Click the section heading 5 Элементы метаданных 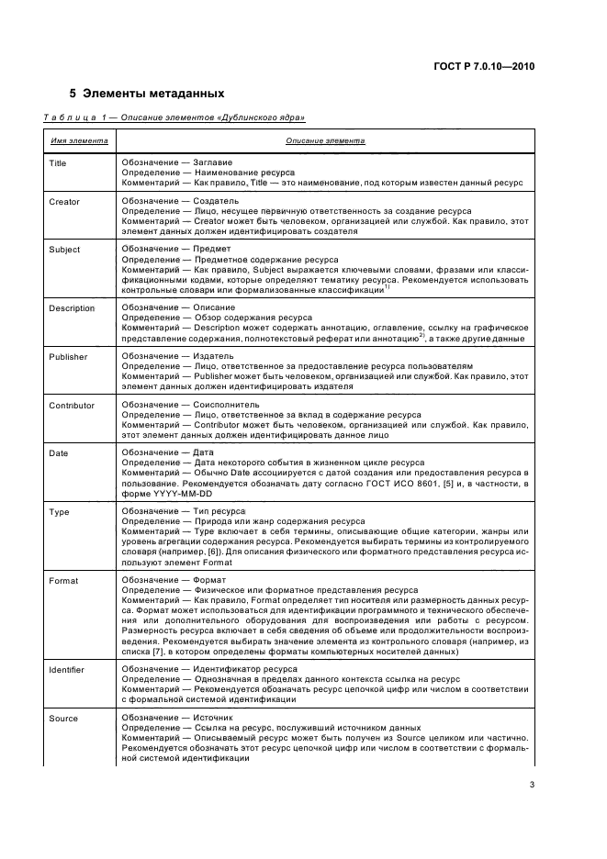(x=147, y=94)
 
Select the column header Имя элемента (x=78, y=141)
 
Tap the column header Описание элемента (x=325, y=141)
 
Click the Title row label (x=57, y=163)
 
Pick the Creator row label (x=63, y=202)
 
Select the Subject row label (x=63, y=250)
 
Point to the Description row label (x=71, y=308)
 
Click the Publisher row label (x=67, y=356)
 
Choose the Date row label (x=58, y=452)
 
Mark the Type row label (x=58, y=511)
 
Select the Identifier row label (x=67, y=671)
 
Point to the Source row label (x=63, y=719)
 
